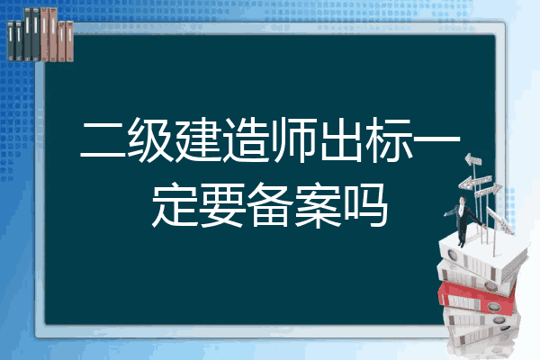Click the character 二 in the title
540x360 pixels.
point(103,140)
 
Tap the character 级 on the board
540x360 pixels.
point(151,140)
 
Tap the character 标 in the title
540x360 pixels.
point(389,140)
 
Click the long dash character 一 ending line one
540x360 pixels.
point(436,139)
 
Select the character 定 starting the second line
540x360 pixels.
point(175,204)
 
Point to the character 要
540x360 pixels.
point(222,204)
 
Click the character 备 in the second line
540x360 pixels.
point(270,204)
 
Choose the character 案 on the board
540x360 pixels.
point(318,204)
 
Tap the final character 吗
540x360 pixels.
point(365,204)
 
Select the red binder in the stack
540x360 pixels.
point(477,297)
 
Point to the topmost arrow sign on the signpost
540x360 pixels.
point(472,159)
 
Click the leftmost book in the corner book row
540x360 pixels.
point(11,40)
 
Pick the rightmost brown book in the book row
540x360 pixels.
point(69,41)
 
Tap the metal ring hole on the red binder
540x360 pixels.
point(493,306)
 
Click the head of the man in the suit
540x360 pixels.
point(463,201)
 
